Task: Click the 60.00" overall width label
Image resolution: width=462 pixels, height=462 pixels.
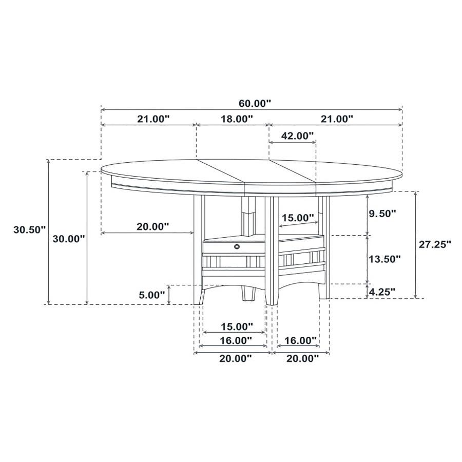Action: point(254,103)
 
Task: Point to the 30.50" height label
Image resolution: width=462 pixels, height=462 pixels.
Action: point(29,229)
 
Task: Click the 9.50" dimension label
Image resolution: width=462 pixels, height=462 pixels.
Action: point(382,213)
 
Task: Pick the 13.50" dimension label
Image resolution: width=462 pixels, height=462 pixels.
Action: point(384,259)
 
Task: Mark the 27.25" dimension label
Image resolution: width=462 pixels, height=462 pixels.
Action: point(434,244)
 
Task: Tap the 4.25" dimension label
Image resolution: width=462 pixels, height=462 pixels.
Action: point(382,292)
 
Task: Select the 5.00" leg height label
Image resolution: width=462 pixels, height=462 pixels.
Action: point(152,295)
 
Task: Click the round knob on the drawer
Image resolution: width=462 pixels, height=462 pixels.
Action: point(237,247)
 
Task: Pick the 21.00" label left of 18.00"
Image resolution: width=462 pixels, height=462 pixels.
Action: point(153,119)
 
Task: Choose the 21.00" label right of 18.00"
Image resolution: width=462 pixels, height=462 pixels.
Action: point(337,119)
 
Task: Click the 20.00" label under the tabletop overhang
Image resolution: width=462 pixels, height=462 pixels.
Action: point(153,226)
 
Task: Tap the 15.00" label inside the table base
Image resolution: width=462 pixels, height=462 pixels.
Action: point(298,218)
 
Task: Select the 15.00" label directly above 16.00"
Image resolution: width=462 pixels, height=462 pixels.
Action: point(237,326)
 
